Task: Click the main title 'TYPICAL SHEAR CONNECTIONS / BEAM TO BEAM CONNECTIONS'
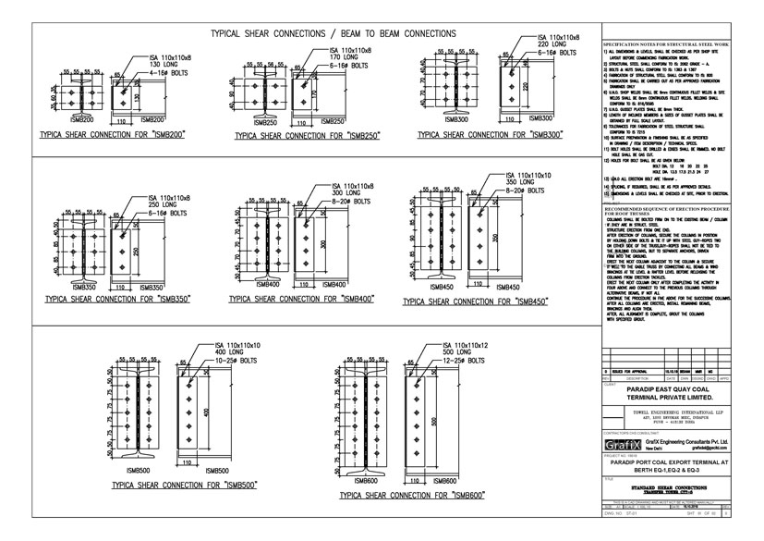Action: (x=314, y=31)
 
